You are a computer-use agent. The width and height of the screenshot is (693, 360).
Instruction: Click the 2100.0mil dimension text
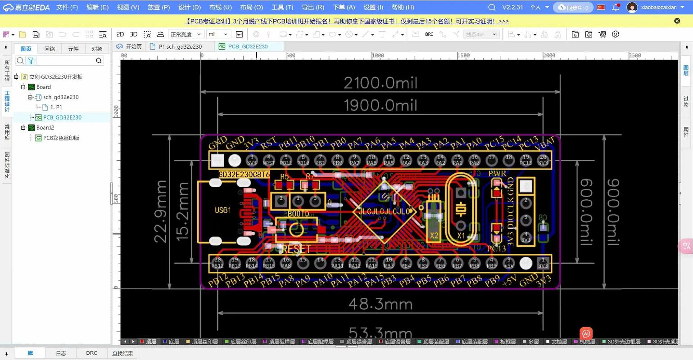tap(380, 83)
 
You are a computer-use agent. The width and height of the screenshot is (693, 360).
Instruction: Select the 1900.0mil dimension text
tap(380, 106)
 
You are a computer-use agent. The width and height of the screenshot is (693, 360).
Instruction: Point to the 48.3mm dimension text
tap(380, 305)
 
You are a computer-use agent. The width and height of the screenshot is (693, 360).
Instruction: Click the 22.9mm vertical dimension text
tap(161, 211)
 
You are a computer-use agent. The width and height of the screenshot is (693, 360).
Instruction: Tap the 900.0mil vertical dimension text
tap(613, 211)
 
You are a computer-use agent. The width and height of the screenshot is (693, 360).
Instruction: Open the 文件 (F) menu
tap(67, 7)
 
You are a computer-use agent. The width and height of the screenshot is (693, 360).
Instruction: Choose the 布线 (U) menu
tap(220, 7)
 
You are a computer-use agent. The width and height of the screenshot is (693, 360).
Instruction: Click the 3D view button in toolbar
tap(134, 34)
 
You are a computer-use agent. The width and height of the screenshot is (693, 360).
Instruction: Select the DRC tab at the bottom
tap(91, 353)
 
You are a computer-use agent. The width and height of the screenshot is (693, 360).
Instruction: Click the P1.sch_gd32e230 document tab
tap(180, 46)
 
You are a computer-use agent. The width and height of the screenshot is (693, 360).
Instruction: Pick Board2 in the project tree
tap(45, 127)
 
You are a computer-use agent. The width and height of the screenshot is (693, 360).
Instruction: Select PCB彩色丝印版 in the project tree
tap(61, 138)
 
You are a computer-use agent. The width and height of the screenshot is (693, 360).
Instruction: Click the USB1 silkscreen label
tap(223, 210)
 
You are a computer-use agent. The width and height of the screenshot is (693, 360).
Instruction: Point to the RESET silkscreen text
tap(296, 249)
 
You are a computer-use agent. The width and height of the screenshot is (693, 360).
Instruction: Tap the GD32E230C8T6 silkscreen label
tap(244, 175)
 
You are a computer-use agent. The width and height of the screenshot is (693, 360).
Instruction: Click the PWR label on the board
tap(497, 173)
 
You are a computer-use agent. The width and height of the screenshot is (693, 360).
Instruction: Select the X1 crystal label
tap(461, 235)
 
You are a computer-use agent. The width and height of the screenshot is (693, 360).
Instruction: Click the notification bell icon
tap(616, 7)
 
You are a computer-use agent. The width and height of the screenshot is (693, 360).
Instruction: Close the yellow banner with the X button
tap(677, 21)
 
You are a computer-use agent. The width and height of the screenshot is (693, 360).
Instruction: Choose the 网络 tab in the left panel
tap(50, 49)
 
